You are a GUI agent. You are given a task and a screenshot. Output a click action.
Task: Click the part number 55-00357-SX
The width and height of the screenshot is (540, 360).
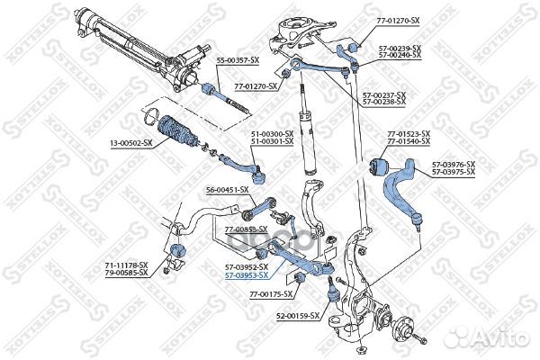[238, 59]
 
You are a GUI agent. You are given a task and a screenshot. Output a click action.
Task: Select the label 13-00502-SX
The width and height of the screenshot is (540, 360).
[131, 142]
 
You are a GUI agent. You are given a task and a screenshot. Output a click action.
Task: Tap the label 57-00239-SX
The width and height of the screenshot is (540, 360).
[393, 48]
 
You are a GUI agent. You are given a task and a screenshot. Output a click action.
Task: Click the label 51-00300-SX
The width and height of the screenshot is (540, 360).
[272, 133]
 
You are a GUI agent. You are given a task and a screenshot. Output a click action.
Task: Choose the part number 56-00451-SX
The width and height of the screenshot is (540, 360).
[227, 190]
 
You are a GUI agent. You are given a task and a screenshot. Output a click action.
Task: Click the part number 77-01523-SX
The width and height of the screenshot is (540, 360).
[408, 134]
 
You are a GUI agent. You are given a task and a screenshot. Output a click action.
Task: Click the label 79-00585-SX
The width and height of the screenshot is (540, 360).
[128, 274]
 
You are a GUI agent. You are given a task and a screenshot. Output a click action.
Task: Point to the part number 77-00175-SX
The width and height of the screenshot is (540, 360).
[271, 294]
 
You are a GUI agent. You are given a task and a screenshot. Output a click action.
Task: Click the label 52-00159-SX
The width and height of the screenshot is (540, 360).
[296, 316]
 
